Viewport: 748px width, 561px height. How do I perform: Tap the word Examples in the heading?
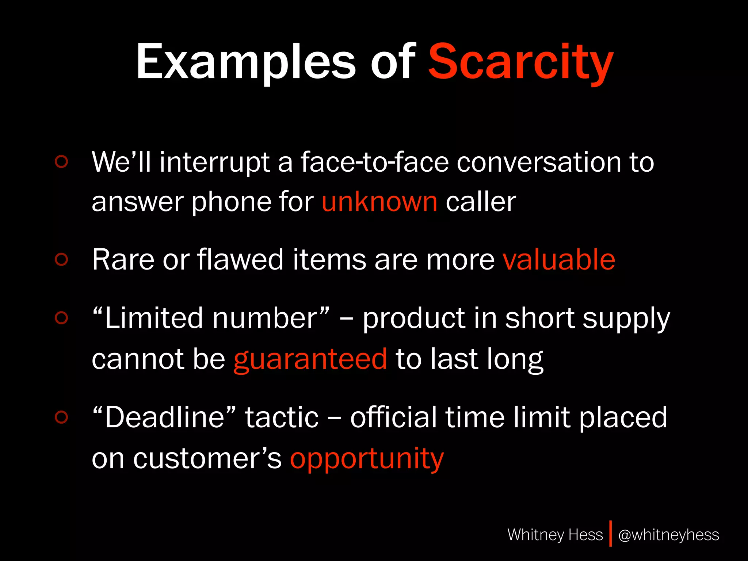[x=245, y=62]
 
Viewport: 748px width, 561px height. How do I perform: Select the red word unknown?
[x=379, y=202]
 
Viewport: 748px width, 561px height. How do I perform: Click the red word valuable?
[x=559, y=260]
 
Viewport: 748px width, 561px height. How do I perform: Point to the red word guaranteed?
[x=310, y=359]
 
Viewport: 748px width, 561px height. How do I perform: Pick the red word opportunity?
[x=367, y=459]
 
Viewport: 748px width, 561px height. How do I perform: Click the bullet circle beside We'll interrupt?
[x=61, y=161]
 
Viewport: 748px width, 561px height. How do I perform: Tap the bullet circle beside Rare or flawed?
[x=61, y=259]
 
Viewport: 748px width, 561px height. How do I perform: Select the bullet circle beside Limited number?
[x=61, y=318]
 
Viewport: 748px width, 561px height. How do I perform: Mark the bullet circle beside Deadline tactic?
[x=61, y=417]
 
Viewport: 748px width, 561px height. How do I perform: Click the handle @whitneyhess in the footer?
[x=668, y=535]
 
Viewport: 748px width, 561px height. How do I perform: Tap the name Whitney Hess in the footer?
[x=555, y=535]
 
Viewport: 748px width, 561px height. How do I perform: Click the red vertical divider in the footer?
[x=610, y=534]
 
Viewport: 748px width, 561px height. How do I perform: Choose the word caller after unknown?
[x=481, y=202]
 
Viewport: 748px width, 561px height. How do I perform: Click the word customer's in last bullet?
[x=207, y=459]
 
